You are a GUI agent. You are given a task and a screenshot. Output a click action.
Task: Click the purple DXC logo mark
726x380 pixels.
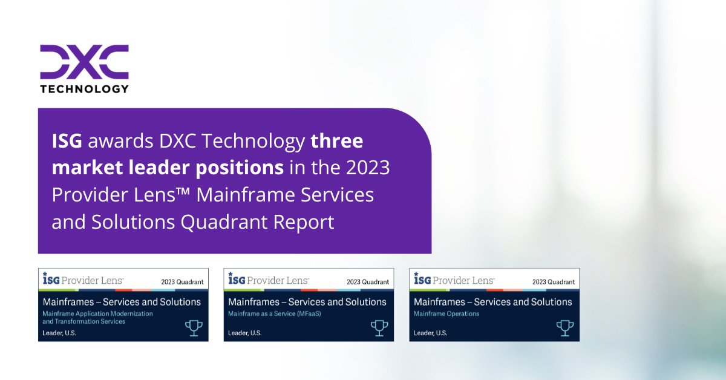(84, 61)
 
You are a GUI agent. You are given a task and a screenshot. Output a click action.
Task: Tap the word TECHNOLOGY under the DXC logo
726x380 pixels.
(84, 88)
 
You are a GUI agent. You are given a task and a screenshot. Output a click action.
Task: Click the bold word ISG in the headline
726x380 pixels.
(67, 141)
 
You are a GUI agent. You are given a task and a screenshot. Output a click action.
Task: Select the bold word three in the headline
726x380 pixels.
(336, 141)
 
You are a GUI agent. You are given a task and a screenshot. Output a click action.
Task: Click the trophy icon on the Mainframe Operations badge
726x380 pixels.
(564, 327)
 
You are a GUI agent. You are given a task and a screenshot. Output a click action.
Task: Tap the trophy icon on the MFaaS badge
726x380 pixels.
(379, 327)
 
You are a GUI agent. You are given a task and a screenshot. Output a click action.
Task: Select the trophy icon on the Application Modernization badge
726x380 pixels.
(194, 327)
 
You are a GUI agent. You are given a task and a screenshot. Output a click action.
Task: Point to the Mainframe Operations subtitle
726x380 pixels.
(446, 313)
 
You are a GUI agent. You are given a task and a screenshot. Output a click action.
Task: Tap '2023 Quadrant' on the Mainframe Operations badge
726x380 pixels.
(553, 281)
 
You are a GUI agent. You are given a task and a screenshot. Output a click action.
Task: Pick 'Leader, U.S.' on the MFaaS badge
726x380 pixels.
(245, 333)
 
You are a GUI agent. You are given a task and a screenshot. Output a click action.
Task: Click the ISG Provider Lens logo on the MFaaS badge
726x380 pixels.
(268, 280)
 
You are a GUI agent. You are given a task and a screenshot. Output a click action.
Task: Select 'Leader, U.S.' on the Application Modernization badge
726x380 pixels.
(59, 333)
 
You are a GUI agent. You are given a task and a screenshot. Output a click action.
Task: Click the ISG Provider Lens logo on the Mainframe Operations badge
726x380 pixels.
(454, 280)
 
